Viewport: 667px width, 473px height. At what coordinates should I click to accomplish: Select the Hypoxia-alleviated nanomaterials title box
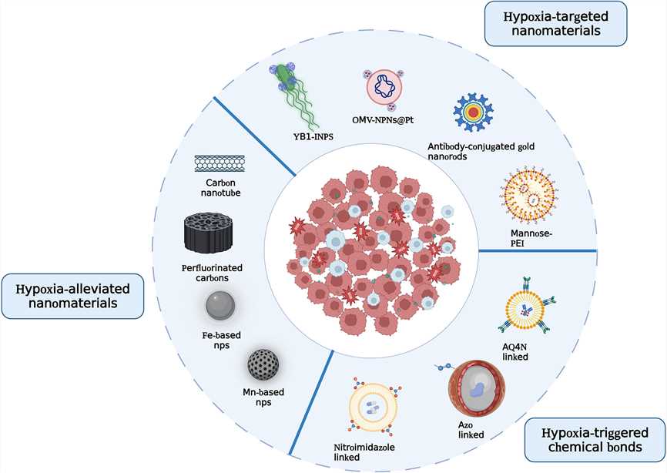(x=75, y=296)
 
